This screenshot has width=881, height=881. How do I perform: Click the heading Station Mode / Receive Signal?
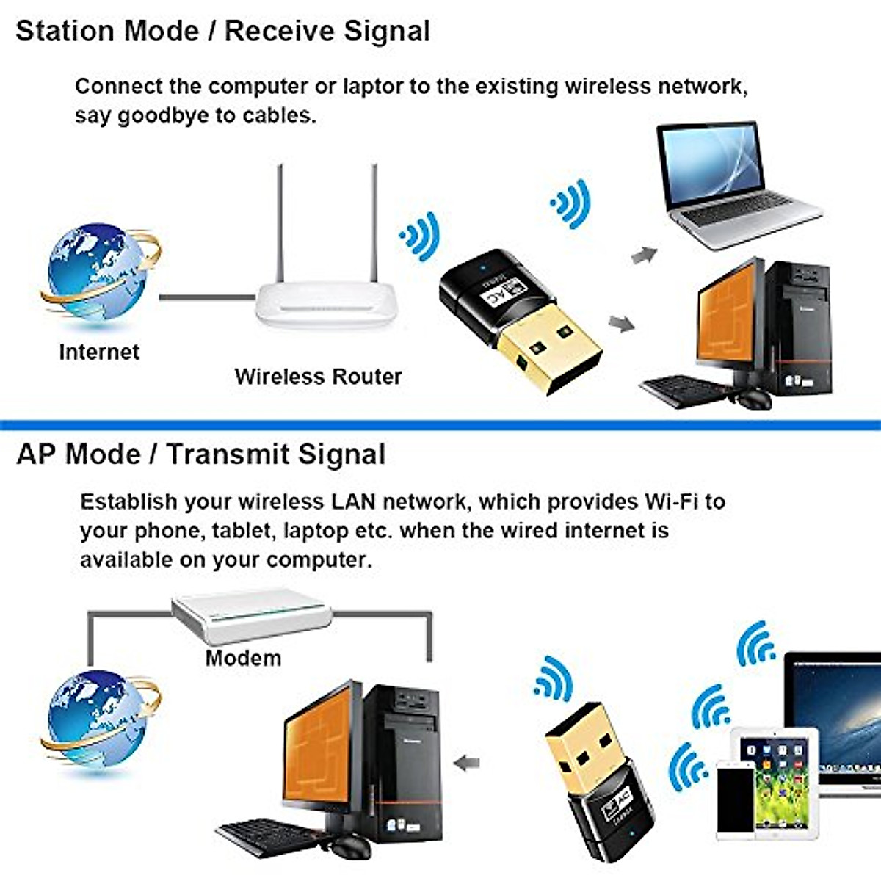coord(222,32)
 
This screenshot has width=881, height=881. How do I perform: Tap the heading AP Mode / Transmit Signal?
coord(200,454)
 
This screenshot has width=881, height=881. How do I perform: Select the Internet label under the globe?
coord(99,352)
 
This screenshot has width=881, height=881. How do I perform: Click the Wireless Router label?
coord(318,377)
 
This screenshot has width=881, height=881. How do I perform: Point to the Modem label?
coord(243,657)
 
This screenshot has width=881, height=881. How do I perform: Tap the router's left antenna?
coord(279,228)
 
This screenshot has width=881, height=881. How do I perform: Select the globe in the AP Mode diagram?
coord(95,719)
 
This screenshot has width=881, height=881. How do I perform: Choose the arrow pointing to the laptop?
coord(644,255)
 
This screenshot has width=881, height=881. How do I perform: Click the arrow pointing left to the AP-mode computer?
coord(467,764)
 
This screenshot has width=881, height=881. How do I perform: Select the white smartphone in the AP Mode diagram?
coord(735,800)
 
